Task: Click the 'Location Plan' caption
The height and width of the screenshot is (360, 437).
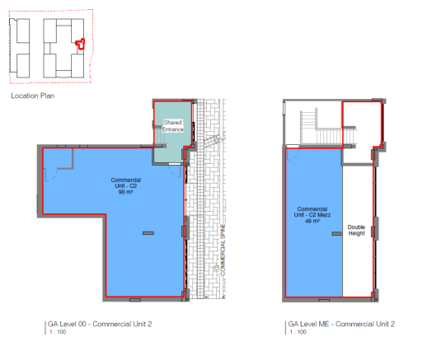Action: pos(33,96)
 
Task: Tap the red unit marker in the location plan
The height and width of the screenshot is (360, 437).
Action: pos(80,44)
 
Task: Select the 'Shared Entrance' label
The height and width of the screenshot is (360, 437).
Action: pos(173,126)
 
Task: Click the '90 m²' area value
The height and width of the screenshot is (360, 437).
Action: pos(125,192)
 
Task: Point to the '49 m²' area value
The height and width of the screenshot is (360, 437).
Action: pos(312,221)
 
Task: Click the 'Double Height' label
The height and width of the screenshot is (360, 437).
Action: pos(356,231)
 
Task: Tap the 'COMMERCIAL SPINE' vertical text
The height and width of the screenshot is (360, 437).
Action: pos(223,250)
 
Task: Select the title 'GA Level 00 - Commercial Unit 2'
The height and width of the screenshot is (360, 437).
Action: pos(100,324)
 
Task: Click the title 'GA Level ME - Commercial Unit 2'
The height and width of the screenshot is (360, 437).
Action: pos(341,324)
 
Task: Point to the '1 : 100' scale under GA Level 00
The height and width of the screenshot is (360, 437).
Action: pos(58,332)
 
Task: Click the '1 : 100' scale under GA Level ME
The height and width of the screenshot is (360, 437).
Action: pos(298,332)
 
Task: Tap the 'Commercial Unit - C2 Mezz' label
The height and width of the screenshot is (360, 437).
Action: pos(312,212)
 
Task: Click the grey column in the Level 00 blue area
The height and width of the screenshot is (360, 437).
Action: pos(148,233)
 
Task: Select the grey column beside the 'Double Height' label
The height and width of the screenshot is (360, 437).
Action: pos(337,234)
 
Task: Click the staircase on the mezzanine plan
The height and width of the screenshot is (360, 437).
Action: pos(328,127)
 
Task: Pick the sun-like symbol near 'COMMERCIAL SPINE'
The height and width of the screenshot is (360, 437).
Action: pos(216,268)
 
